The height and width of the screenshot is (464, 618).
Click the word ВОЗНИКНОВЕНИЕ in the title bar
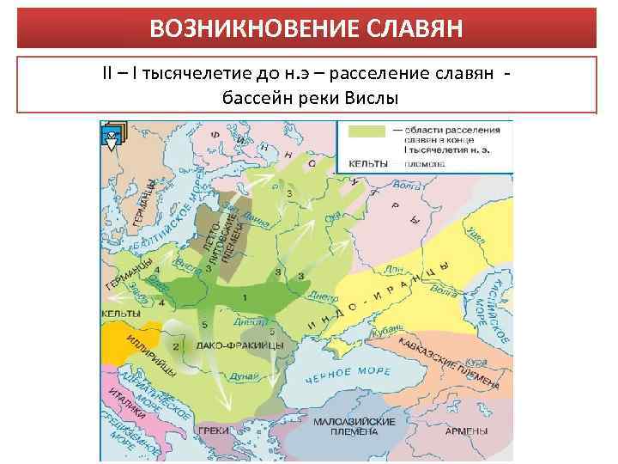[x=248, y=29]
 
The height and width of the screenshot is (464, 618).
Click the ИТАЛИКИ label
[x=125, y=405]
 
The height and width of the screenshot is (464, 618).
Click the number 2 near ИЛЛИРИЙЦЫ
[x=175, y=345]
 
